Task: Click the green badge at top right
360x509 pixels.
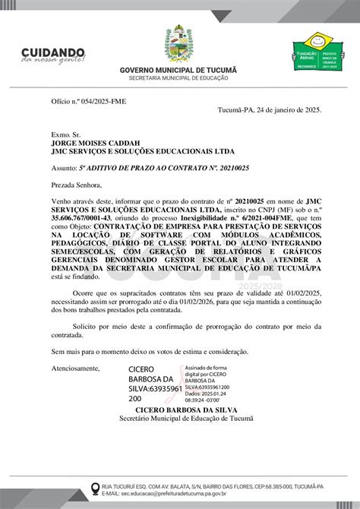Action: click(316, 53)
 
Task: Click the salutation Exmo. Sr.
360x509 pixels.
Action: click(65, 132)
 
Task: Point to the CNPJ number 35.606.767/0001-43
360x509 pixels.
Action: click(80, 217)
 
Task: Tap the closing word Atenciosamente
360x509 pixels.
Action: click(76, 368)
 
